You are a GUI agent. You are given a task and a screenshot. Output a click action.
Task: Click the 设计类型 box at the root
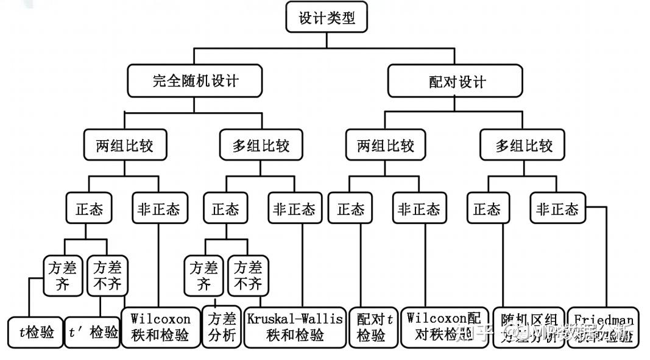pyautogui.click(x=327, y=18)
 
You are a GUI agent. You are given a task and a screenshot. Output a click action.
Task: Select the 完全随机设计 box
pyautogui.click(x=195, y=81)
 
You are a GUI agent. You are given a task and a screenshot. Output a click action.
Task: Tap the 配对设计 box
pyautogui.click(x=456, y=82)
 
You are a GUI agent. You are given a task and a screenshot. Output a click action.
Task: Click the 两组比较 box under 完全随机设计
pyautogui.click(x=124, y=146)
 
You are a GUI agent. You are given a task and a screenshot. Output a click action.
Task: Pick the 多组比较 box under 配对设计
pyautogui.click(x=523, y=146)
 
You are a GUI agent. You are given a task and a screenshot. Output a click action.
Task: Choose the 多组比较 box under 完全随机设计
pyautogui.click(x=260, y=146)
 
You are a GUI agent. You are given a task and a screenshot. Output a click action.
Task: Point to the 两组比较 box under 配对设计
pyautogui.click(x=385, y=146)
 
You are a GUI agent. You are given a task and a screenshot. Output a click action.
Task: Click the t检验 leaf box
pyautogui.click(x=35, y=332)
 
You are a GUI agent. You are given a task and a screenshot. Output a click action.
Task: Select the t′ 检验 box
pyautogui.click(x=93, y=332)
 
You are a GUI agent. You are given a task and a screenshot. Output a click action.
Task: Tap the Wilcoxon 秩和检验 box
pyautogui.click(x=159, y=327)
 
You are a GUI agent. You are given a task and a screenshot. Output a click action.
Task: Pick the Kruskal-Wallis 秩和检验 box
pyautogui.click(x=295, y=327)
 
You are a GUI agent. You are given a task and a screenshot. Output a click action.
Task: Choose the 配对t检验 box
pyautogui.click(x=372, y=327)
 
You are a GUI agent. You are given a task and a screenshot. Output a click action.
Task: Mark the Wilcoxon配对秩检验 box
pyautogui.click(x=444, y=327)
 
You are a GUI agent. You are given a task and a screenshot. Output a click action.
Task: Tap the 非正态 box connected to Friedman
pyautogui.click(x=557, y=210)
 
